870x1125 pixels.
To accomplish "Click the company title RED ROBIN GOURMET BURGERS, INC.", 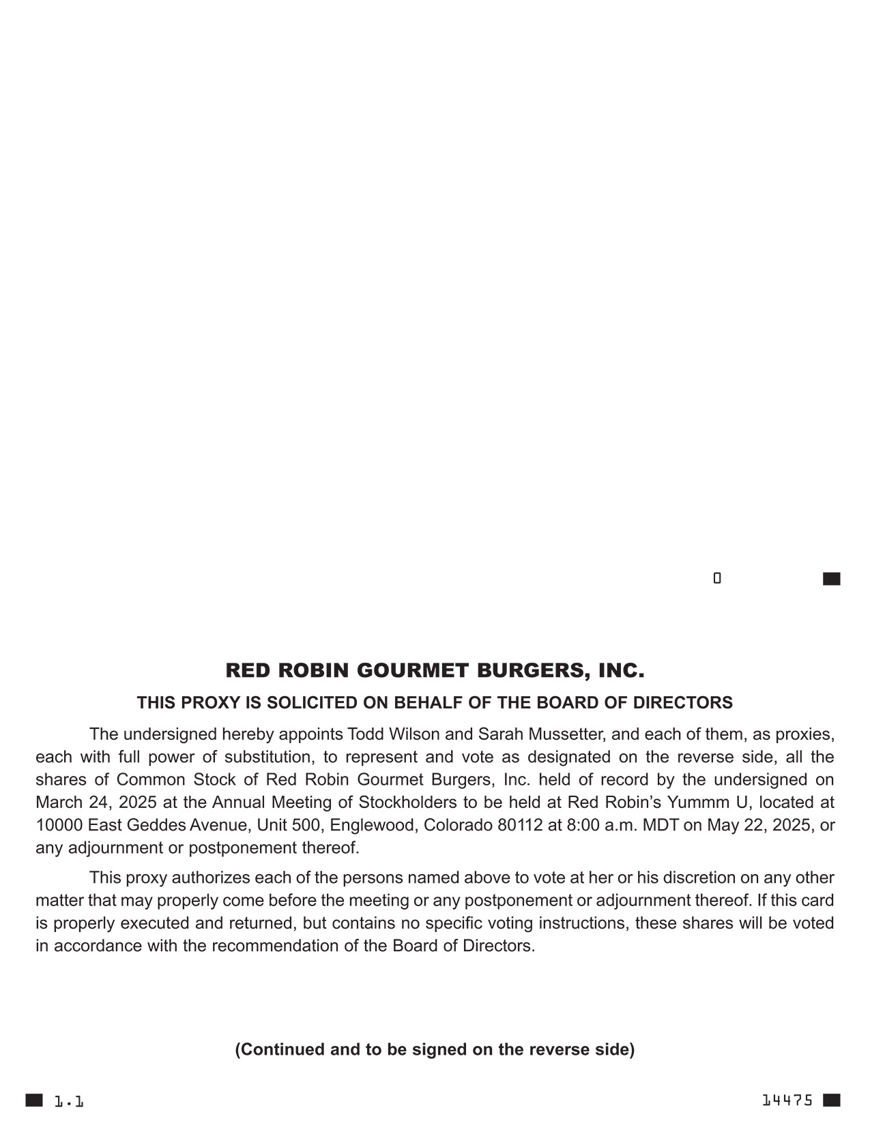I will click(x=435, y=671).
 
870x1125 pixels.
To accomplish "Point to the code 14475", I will click(x=787, y=1100).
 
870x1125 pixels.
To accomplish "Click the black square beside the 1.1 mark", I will click(x=34, y=1100).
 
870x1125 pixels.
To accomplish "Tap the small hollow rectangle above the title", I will click(x=717, y=578).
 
